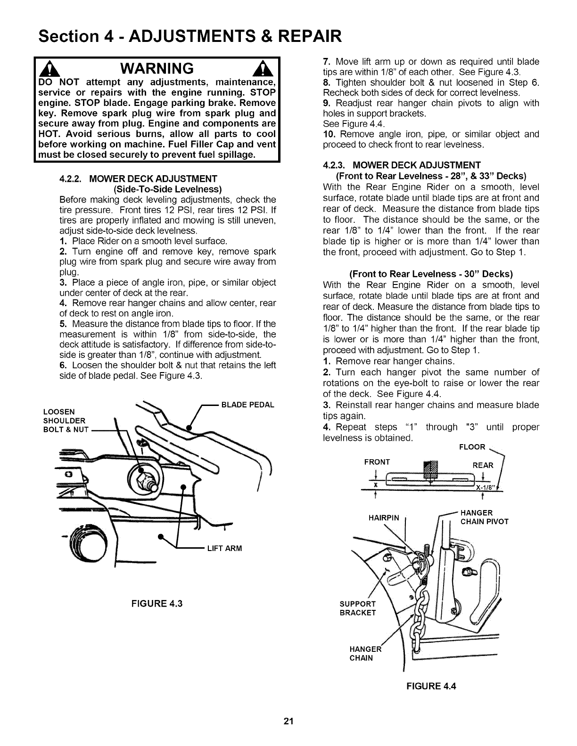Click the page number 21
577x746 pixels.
[289, 721]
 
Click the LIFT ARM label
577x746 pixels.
[224, 548]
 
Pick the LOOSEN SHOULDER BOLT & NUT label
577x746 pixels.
[65, 421]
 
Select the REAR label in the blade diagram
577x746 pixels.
[482, 465]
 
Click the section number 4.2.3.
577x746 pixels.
[335, 165]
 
